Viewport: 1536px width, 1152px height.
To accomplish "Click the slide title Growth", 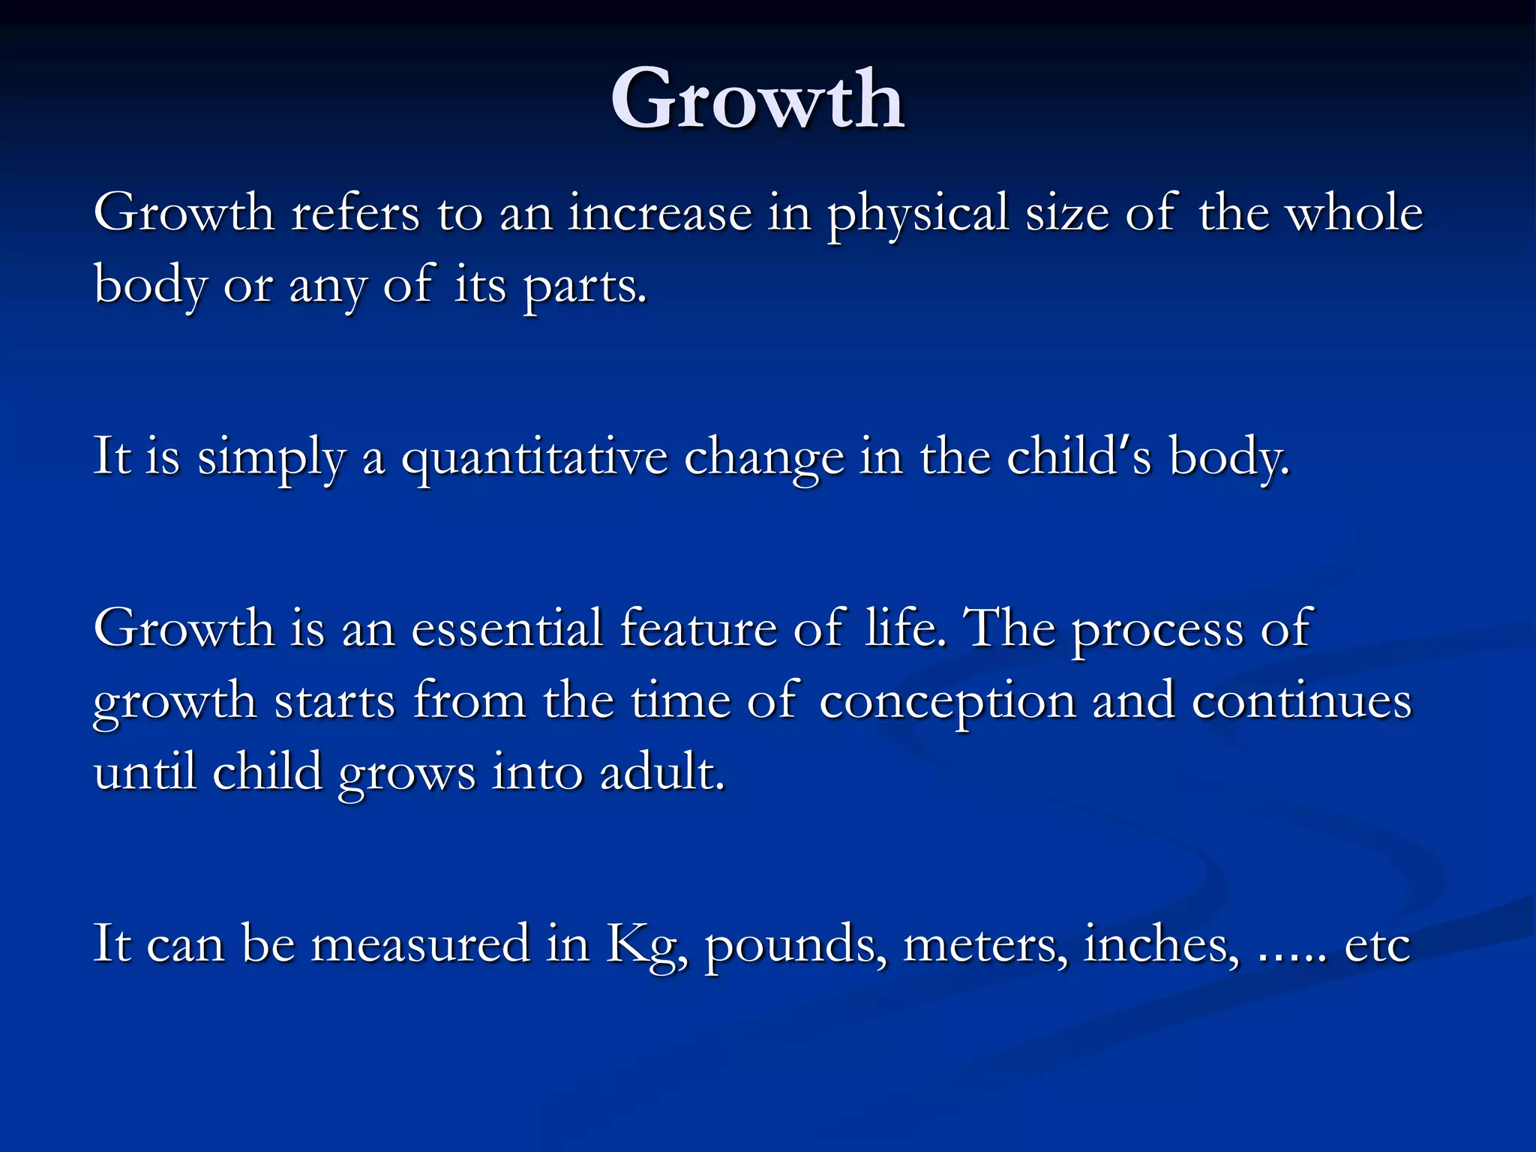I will click(x=757, y=99).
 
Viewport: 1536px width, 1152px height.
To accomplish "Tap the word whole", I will click(x=1354, y=213).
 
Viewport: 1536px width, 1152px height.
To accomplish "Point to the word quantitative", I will click(x=534, y=457).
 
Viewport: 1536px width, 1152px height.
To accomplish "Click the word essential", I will click(x=507, y=628).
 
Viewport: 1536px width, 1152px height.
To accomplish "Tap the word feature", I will click(x=698, y=628).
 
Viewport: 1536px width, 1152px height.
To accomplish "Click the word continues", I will click(x=1301, y=700).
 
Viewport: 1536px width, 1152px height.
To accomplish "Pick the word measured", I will click(x=420, y=943).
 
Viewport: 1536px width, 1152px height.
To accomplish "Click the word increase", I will click(x=660, y=213).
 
